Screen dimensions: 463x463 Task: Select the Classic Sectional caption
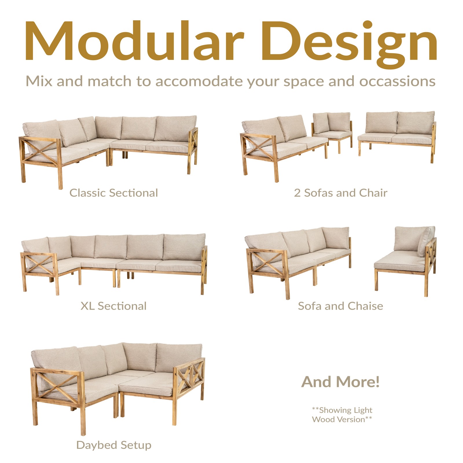(x=114, y=193)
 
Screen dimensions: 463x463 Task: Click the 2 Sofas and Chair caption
(x=341, y=193)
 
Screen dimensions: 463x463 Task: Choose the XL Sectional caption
(x=113, y=306)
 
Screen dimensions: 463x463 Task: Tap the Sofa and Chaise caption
(x=341, y=306)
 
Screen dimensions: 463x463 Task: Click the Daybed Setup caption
(x=114, y=445)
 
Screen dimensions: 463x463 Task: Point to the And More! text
(x=341, y=382)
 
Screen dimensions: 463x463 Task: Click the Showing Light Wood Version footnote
(x=342, y=415)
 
